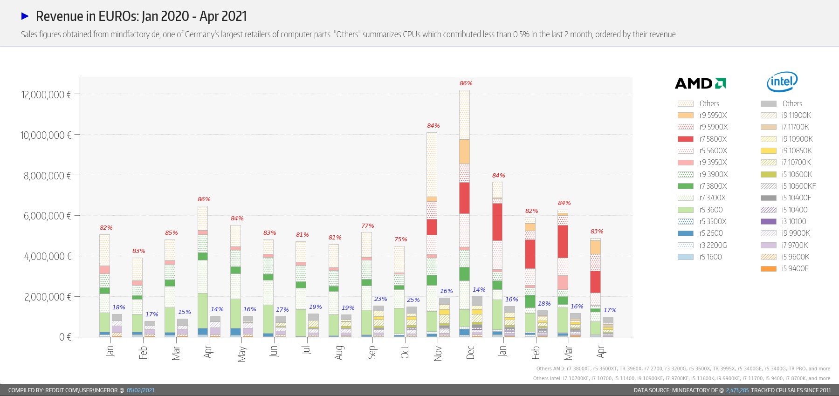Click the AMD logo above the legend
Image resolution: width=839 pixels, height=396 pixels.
700,83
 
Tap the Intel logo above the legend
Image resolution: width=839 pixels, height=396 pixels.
782,82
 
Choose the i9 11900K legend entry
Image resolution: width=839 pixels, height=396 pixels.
796,115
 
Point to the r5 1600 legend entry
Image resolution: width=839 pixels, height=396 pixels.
710,257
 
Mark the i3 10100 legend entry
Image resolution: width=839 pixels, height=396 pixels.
794,221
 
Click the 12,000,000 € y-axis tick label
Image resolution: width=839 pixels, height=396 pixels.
46,95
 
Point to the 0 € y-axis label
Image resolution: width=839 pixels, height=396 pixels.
65,337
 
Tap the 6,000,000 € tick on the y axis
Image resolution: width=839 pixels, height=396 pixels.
48,216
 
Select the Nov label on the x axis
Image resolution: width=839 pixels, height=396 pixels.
438,353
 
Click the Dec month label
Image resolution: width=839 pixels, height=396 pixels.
470,352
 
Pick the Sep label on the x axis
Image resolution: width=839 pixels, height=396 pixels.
372,352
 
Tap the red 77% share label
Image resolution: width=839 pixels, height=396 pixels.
368,226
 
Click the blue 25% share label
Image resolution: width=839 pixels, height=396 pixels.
413,300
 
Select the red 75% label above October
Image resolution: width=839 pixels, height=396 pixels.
400,239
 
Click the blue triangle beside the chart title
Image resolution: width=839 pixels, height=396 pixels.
25,16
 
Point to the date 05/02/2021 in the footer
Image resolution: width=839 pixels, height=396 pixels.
140,390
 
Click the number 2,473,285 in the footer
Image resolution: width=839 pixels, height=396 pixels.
737,390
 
